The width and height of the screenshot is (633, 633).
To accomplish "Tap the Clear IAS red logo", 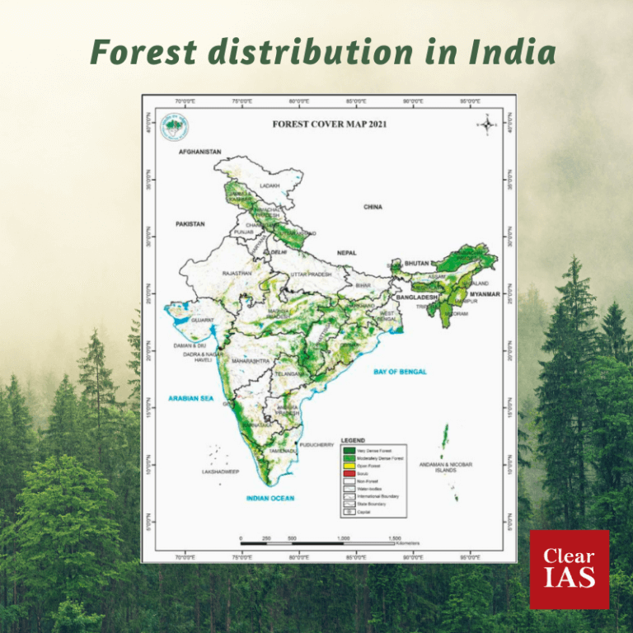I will (x=570, y=569).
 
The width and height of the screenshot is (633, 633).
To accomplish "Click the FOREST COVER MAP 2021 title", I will (x=330, y=124).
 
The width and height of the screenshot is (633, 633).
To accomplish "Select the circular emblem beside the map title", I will (x=176, y=126).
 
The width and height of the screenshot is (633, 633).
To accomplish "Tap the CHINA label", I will (x=373, y=207).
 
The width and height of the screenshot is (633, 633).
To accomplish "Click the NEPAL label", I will (x=347, y=253).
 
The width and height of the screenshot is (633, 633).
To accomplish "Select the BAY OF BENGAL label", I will (x=400, y=372).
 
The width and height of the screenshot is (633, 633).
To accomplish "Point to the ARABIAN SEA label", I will (x=191, y=398).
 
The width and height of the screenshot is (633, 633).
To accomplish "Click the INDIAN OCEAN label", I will (x=270, y=498).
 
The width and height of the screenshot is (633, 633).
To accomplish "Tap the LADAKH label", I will (x=270, y=186).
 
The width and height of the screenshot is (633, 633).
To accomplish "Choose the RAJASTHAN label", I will (x=237, y=273).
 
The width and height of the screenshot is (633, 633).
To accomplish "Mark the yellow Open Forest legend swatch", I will (x=349, y=465).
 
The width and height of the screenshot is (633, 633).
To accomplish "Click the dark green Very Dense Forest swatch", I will (x=349, y=450).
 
